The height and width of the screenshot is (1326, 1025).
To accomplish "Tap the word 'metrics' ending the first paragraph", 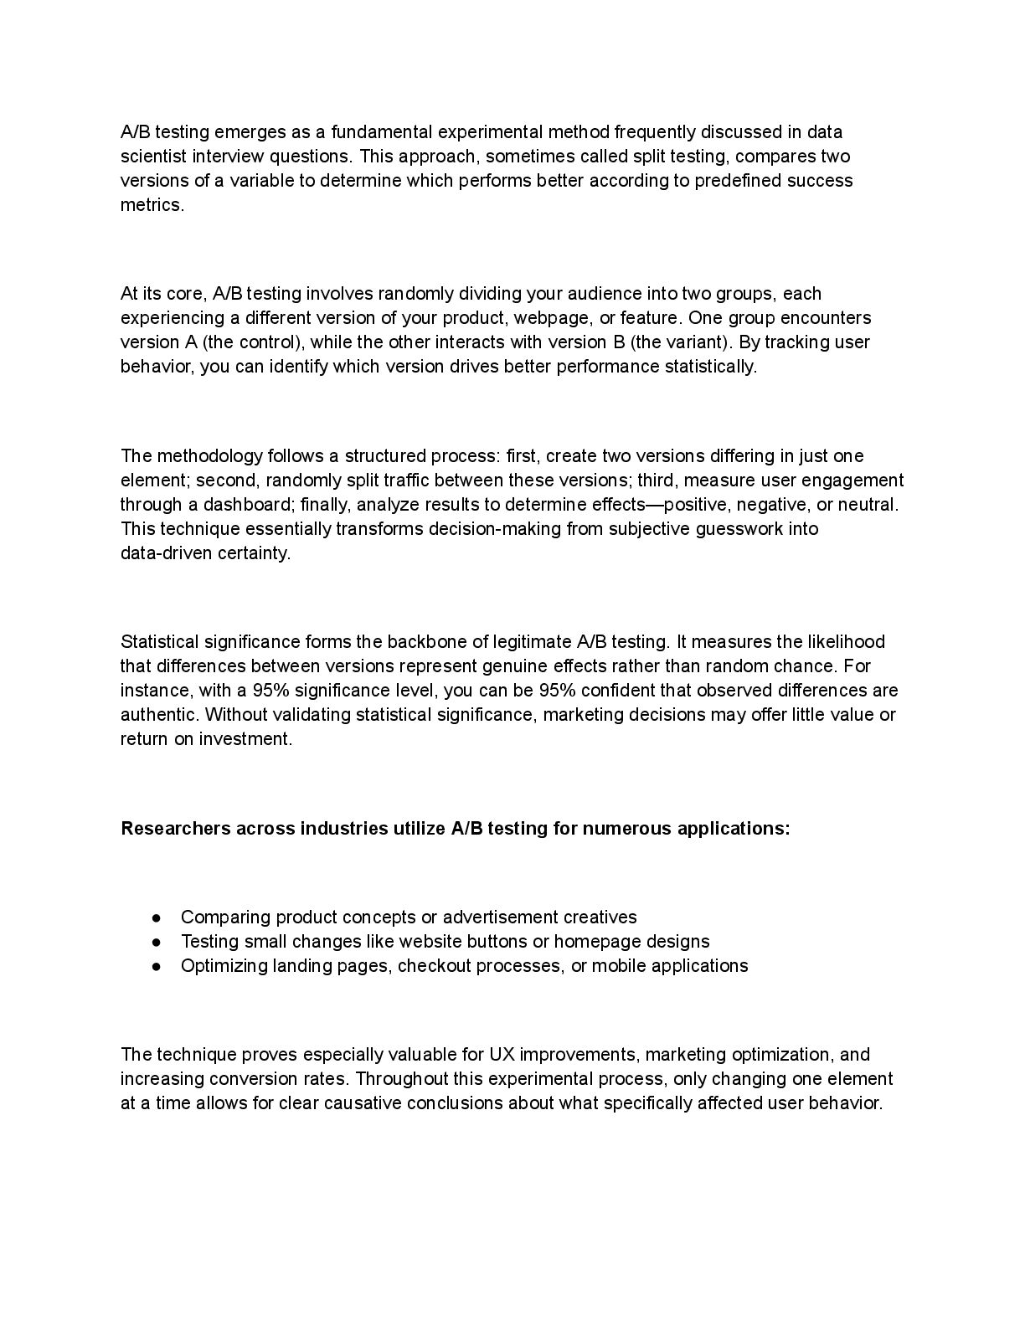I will tap(151, 205).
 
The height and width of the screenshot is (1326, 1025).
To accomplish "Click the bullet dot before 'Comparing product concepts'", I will tap(157, 917).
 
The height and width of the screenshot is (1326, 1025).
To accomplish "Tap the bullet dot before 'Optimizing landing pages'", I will tap(157, 966).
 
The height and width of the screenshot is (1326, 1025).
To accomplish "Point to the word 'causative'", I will tap(361, 1103).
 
